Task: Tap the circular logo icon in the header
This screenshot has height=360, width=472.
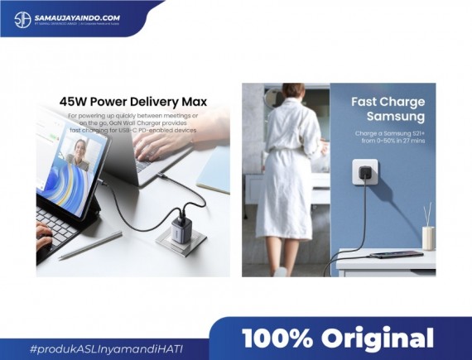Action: (x=22, y=18)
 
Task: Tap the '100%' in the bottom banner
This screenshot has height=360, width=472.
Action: (x=276, y=338)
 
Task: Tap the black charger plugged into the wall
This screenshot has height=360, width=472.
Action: (x=363, y=174)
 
